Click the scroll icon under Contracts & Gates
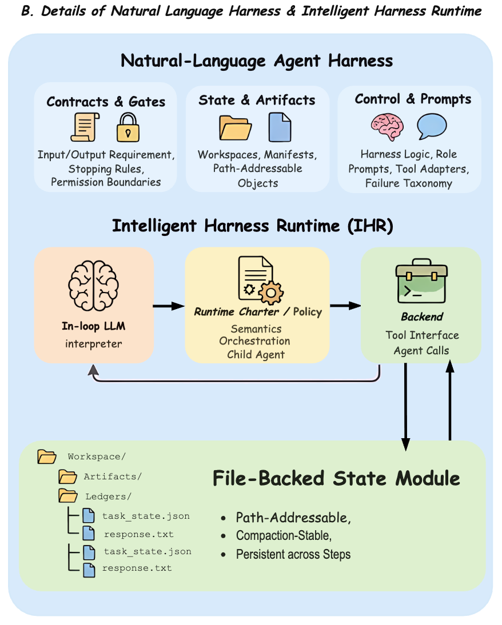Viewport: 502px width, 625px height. click(x=85, y=126)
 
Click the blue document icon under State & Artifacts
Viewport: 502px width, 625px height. click(x=280, y=126)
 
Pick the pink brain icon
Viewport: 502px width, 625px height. click(x=387, y=126)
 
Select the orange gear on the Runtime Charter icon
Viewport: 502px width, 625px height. click(x=270, y=293)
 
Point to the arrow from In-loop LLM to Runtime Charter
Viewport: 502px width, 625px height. click(x=169, y=306)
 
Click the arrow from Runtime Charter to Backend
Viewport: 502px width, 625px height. click(x=345, y=306)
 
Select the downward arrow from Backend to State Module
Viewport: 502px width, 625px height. click(x=405, y=406)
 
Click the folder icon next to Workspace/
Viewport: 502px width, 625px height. click(x=46, y=456)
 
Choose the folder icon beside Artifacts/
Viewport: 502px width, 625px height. click(x=67, y=476)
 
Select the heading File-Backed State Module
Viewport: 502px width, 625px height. click(x=336, y=478)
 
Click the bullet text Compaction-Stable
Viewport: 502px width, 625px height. click(x=284, y=536)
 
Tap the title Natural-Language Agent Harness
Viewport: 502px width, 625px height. click(x=257, y=61)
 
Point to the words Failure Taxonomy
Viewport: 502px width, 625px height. click(x=409, y=183)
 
